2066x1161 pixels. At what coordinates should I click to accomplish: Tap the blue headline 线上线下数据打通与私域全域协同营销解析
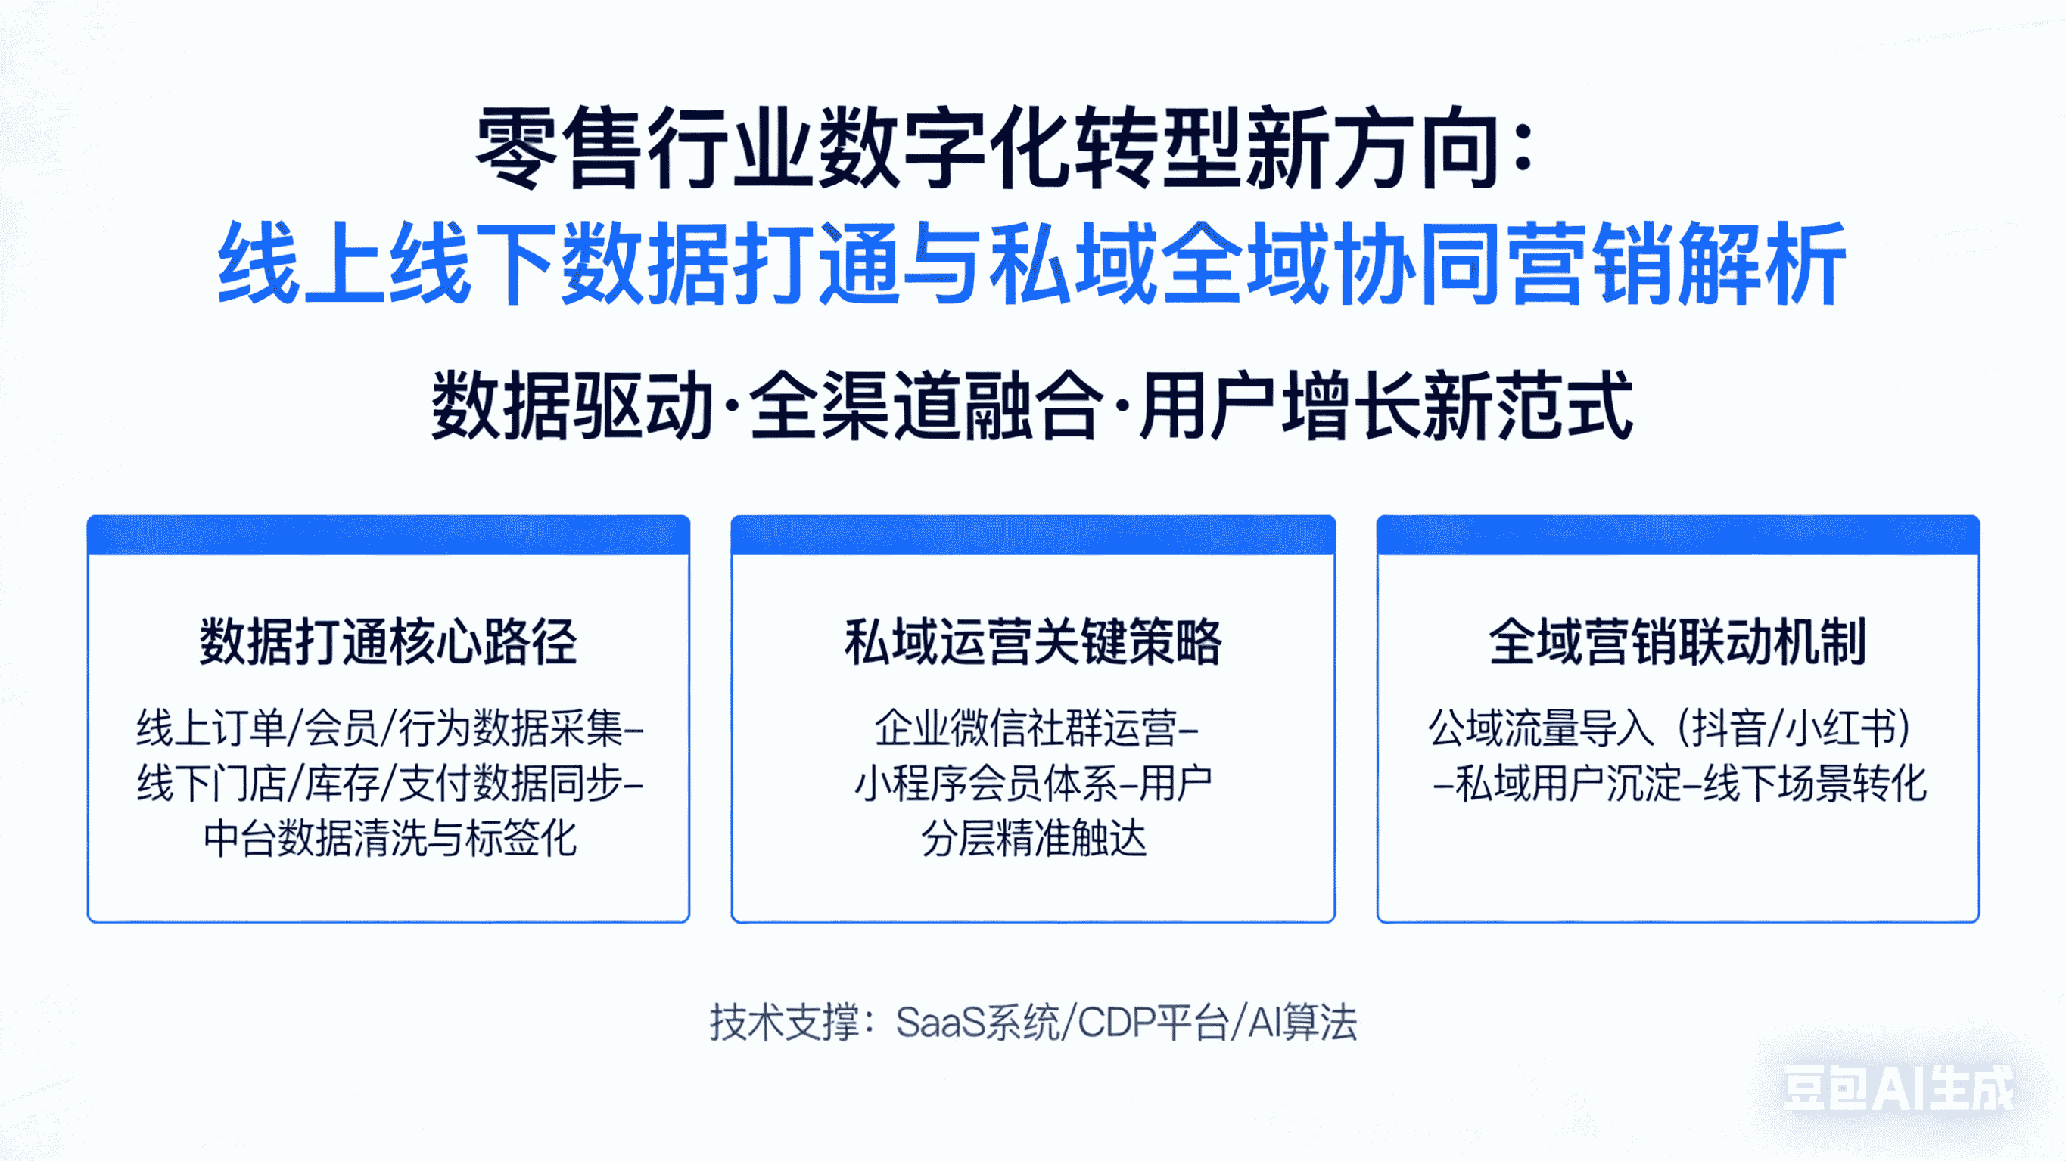coord(1031,265)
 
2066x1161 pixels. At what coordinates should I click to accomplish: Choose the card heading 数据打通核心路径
coord(388,642)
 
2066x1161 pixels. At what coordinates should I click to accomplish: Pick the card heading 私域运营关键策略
coord(1033,642)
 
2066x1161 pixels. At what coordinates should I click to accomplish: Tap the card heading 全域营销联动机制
coord(1678,642)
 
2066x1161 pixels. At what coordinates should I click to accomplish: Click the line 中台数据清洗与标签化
coord(390,839)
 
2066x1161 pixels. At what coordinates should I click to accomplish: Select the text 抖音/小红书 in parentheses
coord(1793,728)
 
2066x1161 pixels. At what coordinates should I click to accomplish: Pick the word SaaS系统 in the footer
coord(977,1023)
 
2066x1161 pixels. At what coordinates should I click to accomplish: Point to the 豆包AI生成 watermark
coord(1897,1089)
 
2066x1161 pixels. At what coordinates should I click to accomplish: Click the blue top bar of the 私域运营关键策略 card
coord(1033,535)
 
